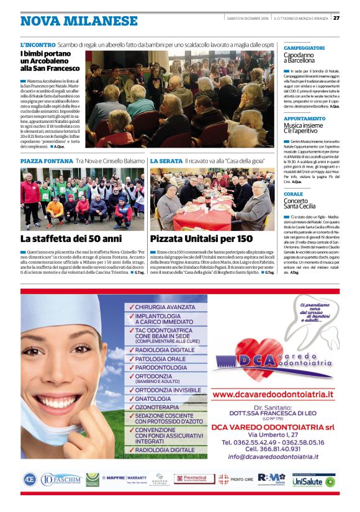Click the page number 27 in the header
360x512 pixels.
(x=336, y=17)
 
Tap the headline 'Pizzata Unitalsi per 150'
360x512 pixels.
(x=201, y=238)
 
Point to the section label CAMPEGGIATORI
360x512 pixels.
(x=304, y=48)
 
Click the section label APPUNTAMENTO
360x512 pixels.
(x=305, y=119)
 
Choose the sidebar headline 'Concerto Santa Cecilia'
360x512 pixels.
(x=300, y=202)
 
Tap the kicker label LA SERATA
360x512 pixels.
(x=166, y=161)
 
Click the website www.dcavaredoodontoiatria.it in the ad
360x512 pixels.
(x=272, y=394)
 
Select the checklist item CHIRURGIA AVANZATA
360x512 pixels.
(x=164, y=307)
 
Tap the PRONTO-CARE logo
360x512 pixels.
(x=236, y=479)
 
